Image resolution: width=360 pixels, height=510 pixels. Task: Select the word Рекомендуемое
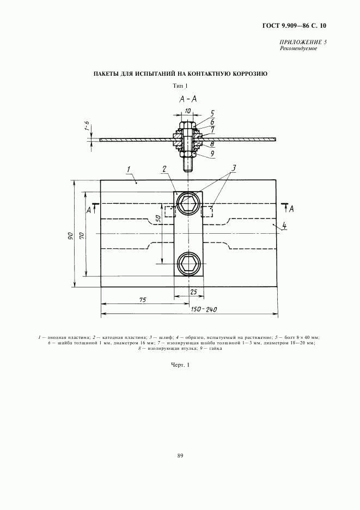(x=298, y=48)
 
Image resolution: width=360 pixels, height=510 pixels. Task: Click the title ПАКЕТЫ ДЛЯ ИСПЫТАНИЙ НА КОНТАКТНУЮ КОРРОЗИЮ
(x=180, y=73)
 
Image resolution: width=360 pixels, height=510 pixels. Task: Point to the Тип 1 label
(x=180, y=86)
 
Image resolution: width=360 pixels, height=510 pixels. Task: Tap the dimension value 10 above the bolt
(x=188, y=111)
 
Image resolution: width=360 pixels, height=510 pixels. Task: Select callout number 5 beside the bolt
(x=212, y=113)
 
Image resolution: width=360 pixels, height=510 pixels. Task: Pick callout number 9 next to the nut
(x=212, y=154)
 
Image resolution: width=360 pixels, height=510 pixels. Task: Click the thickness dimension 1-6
(x=86, y=126)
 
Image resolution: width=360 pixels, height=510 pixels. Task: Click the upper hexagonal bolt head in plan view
(x=188, y=204)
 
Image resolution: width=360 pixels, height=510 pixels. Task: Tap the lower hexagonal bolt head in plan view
(x=188, y=264)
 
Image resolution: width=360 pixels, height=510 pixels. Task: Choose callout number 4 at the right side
(x=284, y=226)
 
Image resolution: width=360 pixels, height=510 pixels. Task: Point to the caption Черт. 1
(x=180, y=366)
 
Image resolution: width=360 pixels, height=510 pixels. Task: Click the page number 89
(x=180, y=457)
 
